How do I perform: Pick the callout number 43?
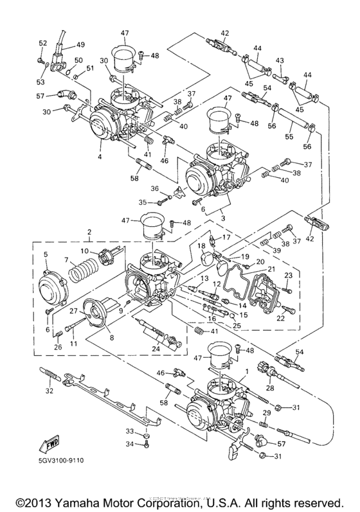(280, 60)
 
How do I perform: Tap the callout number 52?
(42, 43)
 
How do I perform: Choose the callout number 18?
(202, 246)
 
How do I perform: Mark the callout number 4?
(100, 157)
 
